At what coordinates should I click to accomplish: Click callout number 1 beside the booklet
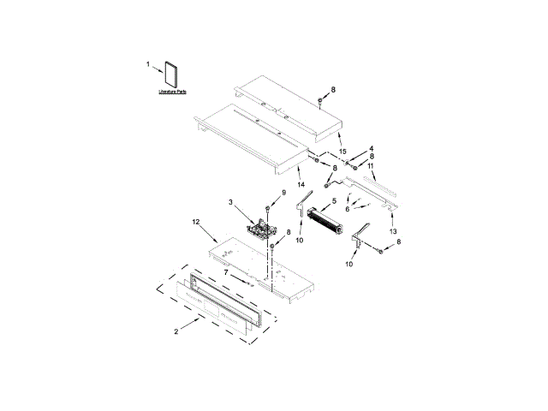point(147,64)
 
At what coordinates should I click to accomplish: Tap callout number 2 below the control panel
point(177,331)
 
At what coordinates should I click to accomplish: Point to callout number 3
point(230,202)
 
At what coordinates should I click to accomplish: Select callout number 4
point(371,148)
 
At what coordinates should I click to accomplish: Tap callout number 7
point(226,272)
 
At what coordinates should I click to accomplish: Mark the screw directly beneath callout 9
point(269,209)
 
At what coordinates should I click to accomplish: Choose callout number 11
point(371,165)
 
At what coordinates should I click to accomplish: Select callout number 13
point(394,231)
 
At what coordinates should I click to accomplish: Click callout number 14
point(301,184)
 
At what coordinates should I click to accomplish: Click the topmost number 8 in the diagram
point(333,90)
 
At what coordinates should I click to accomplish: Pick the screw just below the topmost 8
point(320,102)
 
